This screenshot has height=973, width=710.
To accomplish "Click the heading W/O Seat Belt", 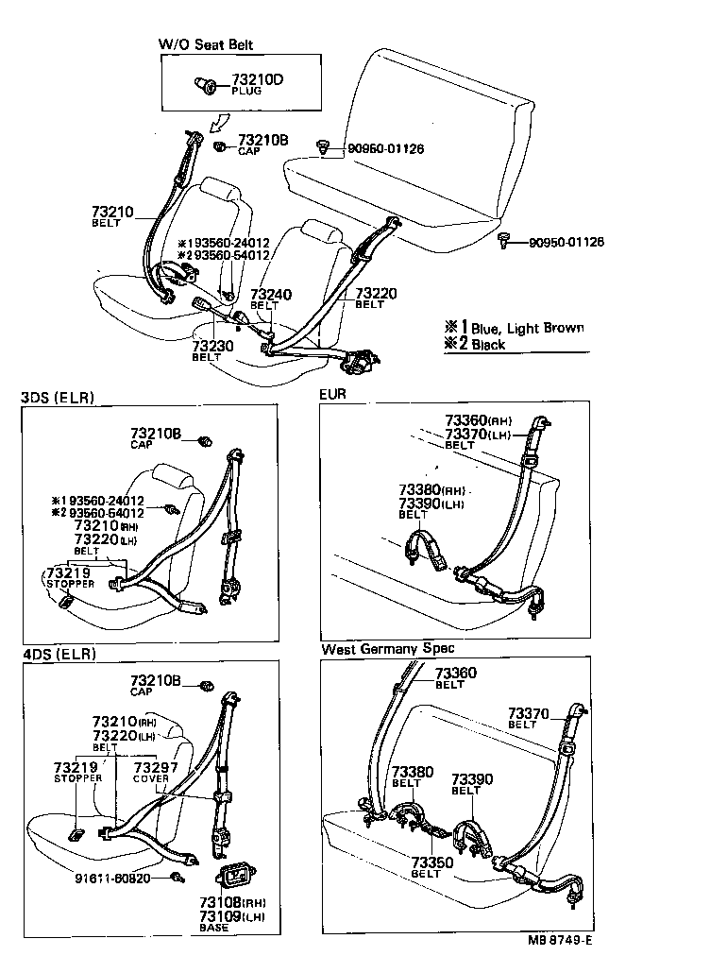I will click(x=205, y=44).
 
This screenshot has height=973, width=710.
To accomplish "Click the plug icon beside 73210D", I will click(x=204, y=86).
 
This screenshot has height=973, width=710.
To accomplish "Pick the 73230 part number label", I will click(x=212, y=347).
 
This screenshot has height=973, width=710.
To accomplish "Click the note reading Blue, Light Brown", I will click(x=526, y=328).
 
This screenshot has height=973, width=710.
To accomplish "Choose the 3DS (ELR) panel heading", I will click(x=59, y=398).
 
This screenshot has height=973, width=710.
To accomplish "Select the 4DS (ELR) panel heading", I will click(x=59, y=653).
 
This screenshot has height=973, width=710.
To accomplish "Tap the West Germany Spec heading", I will click(x=387, y=648).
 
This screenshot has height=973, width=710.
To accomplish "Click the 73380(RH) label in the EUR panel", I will click(x=431, y=490).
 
